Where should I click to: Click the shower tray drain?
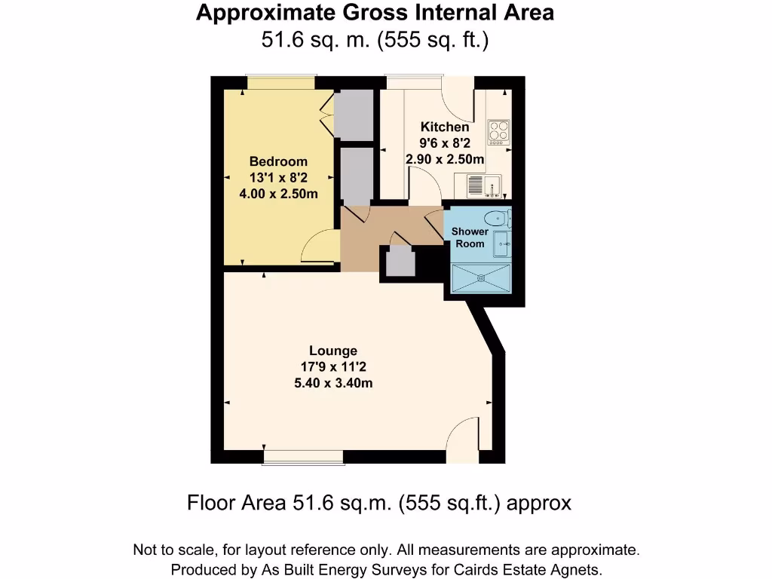pyautogui.click(x=479, y=277)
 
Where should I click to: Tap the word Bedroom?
pyautogui.click(x=278, y=161)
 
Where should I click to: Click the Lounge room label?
pyautogui.click(x=333, y=351)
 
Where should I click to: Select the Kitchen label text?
pyautogui.click(x=444, y=127)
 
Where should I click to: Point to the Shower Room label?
pyautogui.click(x=470, y=237)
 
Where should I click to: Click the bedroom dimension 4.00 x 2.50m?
pyautogui.click(x=278, y=194)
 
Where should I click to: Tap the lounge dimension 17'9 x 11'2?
pyautogui.click(x=333, y=367)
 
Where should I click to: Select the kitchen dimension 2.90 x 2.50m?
pyautogui.click(x=444, y=159)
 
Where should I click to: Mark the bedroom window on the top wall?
pyautogui.click(x=281, y=81)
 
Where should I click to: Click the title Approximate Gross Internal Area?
pyautogui.click(x=375, y=13)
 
